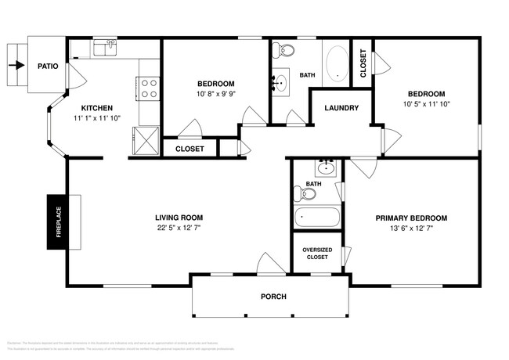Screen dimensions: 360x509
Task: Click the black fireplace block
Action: (x=58, y=221)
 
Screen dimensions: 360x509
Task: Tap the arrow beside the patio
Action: (x=13, y=67)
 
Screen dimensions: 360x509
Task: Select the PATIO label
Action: (x=49, y=67)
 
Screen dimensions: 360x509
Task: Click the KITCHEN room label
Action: (x=97, y=108)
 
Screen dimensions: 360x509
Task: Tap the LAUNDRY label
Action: (x=341, y=107)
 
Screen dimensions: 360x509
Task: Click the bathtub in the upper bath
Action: (x=337, y=63)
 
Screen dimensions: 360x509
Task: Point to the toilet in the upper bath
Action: (x=284, y=52)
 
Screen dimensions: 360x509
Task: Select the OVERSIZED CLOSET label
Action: (x=316, y=253)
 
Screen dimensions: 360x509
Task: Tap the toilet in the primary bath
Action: (x=300, y=194)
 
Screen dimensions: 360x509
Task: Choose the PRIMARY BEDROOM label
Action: (x=411, y=218)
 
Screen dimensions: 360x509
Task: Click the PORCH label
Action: (x=273, y=297)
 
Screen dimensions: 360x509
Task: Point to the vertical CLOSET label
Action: (x=363, y=63)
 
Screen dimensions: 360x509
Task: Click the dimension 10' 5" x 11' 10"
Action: (x=428, y=103)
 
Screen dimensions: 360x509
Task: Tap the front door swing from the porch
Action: (x=265, y=264)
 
